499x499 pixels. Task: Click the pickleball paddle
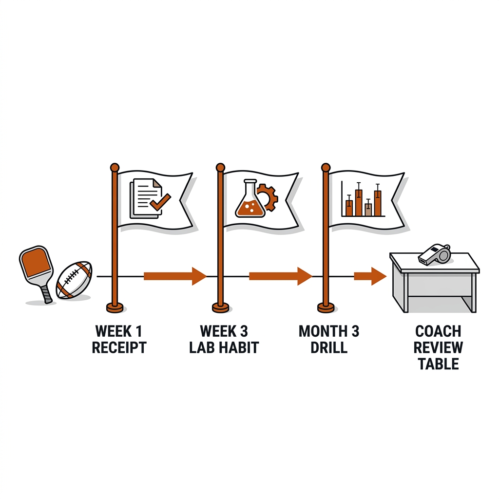pos(36,270)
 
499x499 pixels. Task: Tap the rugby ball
pos(74,280)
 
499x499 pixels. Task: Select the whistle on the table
pos(434,254)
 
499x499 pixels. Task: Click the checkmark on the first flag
pos(160,201)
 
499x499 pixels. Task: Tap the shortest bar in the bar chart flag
pos(368,210)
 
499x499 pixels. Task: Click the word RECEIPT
pos(119,347)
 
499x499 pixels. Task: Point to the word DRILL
pos(329,347)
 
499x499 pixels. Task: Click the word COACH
pos(438,331)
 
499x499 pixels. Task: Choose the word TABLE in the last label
pos(439,364)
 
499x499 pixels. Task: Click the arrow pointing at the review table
pos(370,276)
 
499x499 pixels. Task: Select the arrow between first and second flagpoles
pos(175,276)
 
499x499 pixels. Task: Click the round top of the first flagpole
pos(115,168)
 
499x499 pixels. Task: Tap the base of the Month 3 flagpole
pos(326,307)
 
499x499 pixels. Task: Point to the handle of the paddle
pos(46,293)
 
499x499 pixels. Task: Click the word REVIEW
pos(438,347)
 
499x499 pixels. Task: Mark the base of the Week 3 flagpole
pos(221,307)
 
